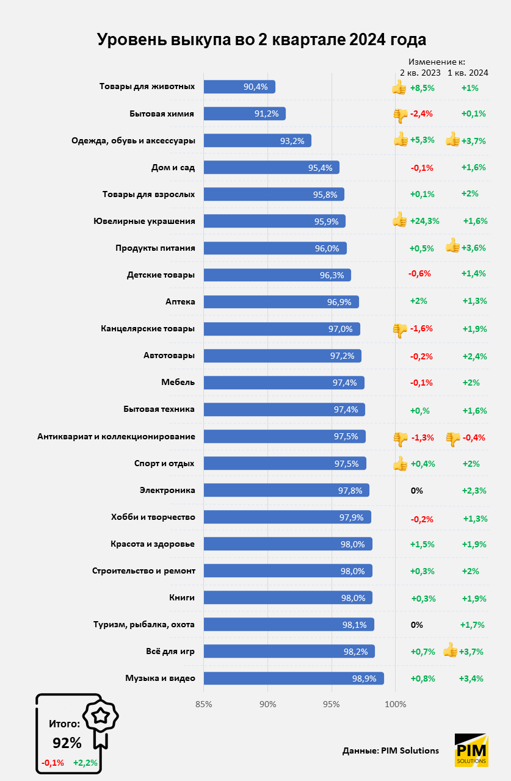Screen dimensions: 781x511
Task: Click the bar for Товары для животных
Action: (239, 87)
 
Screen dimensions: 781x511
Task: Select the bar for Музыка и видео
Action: (293, 678)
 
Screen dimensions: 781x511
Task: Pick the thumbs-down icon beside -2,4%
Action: (400, 114)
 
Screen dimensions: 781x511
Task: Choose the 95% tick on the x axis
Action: (332, 705)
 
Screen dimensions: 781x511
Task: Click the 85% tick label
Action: (203, 705)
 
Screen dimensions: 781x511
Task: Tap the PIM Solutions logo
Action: (471, 750)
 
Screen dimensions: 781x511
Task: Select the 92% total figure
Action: (67, 743)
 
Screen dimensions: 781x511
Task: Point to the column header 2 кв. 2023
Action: (420, 73)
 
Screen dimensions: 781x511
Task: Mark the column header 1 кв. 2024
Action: (468, 73)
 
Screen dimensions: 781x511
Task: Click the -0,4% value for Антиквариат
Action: (474, 437)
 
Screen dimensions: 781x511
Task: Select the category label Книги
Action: (181, 598)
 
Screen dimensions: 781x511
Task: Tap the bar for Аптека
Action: (281, 302)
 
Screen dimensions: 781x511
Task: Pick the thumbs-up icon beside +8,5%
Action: (399, 87)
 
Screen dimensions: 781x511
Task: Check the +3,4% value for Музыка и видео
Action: (471, 678)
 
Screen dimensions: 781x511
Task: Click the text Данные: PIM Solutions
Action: (391, 750)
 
